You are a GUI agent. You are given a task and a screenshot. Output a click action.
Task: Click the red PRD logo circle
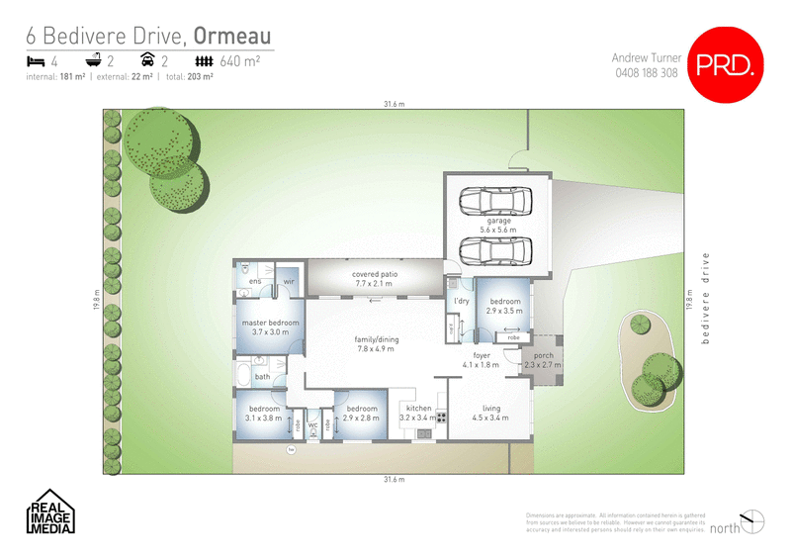click(728, 65)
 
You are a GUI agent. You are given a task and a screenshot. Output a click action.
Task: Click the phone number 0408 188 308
click(646, 73)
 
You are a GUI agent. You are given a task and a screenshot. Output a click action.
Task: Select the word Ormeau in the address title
click(233, 35)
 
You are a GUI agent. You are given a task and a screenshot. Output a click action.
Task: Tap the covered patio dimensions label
click(374, 279)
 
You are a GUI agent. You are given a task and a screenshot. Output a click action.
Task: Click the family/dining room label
click(375, 343)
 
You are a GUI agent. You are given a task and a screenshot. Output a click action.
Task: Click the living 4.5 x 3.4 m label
click(490, 413)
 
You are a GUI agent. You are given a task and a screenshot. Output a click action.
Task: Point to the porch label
click(543, 360)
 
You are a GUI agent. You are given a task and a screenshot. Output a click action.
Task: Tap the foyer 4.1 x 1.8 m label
click(482, 360)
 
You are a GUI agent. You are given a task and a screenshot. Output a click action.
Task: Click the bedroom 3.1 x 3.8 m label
click(263, 413)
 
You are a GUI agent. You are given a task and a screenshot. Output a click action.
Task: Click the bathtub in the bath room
click(243, 375)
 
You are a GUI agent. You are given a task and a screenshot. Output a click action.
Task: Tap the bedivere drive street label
click(706, 298)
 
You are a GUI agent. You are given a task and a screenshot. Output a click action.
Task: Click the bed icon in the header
click(34, 61)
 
